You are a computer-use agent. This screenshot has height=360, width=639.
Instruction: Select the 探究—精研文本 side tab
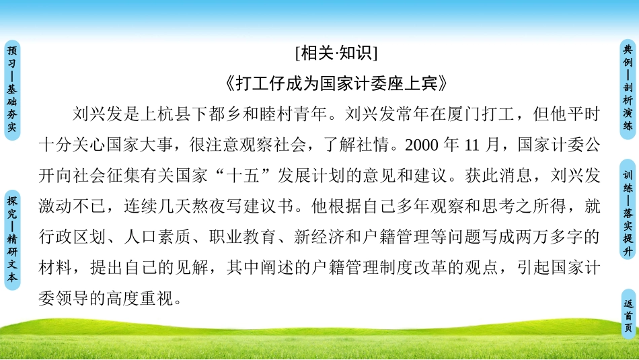coord(13,229)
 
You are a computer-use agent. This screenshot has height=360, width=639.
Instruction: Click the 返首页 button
coord(628,315)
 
